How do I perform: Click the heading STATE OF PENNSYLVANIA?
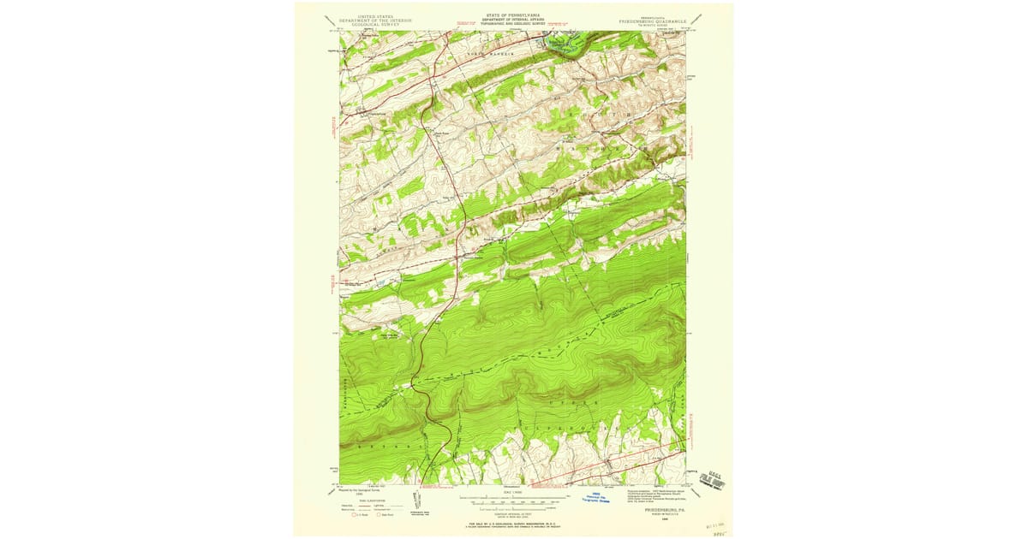point(513,15)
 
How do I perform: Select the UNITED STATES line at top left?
point(375,15)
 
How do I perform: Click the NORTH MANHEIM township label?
point(493,53)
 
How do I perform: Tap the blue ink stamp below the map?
point(609,496)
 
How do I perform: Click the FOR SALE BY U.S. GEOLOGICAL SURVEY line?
point(512,521)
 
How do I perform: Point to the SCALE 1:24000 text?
point(513,491)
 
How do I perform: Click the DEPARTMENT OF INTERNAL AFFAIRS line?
point(513,19)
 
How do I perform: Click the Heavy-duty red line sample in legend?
point(364,505)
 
